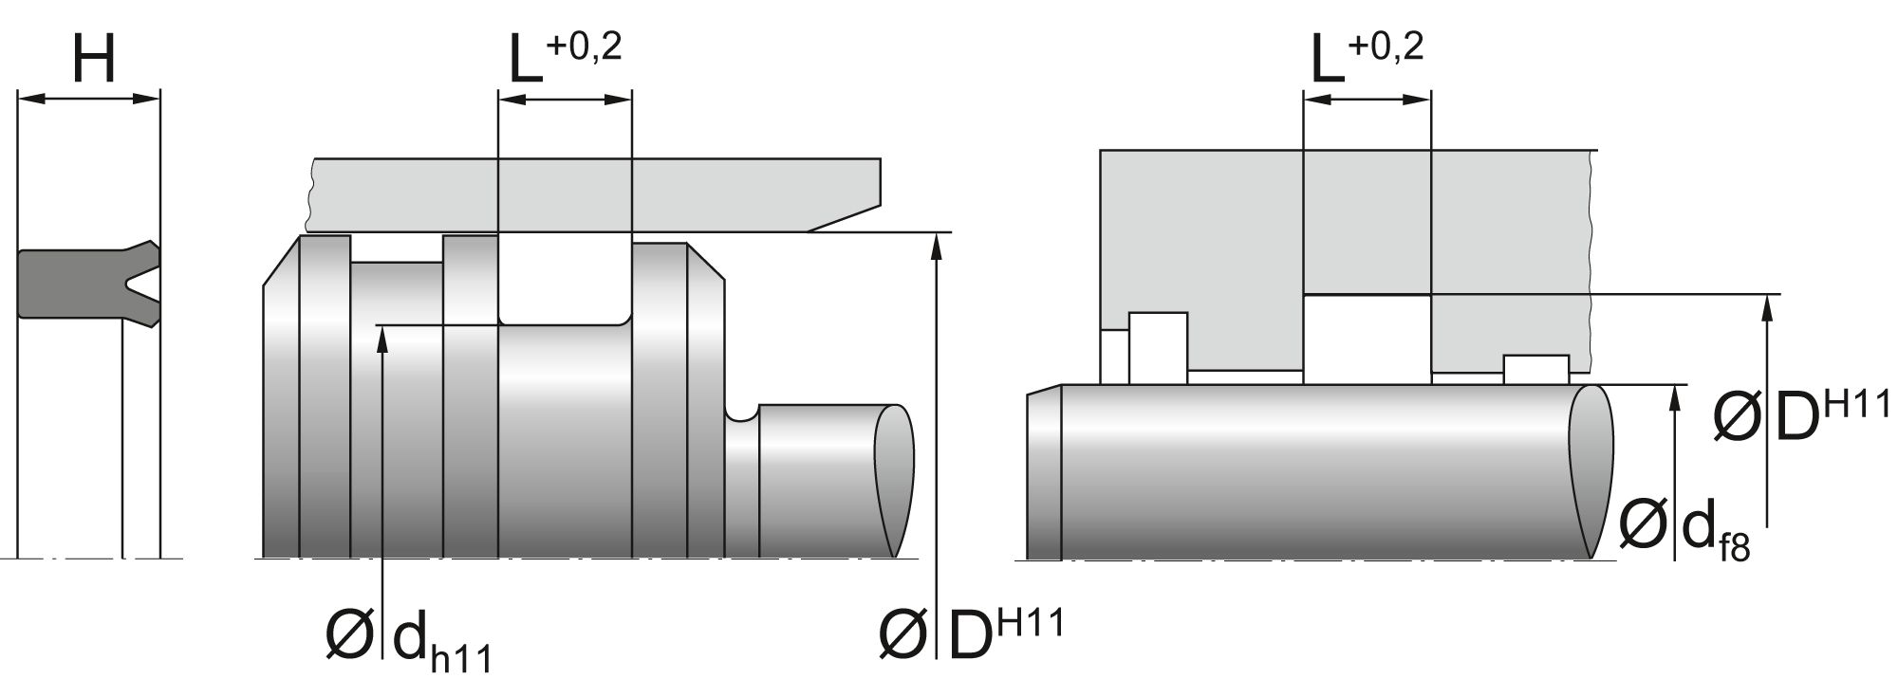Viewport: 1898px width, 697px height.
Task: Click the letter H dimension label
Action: pos(93,60)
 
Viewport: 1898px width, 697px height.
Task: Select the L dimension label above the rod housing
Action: pos(1327,60)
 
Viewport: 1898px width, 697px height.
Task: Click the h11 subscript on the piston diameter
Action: pos(461,655)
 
